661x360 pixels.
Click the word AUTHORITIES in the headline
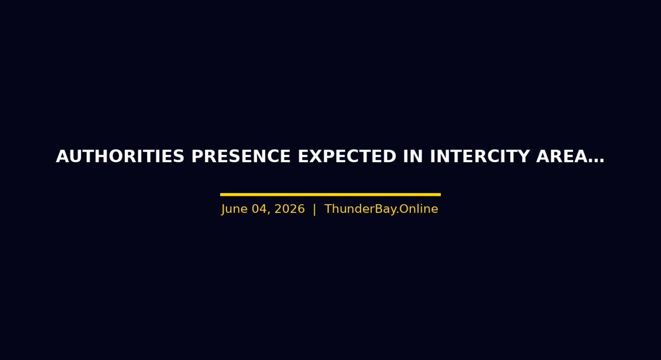tap(120, 156)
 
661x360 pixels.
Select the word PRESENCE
tap(241, 156)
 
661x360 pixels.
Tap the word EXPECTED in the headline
tap(347, 156)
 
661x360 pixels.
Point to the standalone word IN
tap(413, 156)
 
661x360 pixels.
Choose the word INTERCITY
tap(480, 156)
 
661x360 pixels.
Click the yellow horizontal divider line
tap(330, 195)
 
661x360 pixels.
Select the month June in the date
tap(235, 209)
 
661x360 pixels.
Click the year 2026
tap(289, 209)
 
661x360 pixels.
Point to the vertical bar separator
tap(315, 209)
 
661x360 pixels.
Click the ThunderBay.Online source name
tap(381, 209)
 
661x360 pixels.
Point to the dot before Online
tap(398, 213)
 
